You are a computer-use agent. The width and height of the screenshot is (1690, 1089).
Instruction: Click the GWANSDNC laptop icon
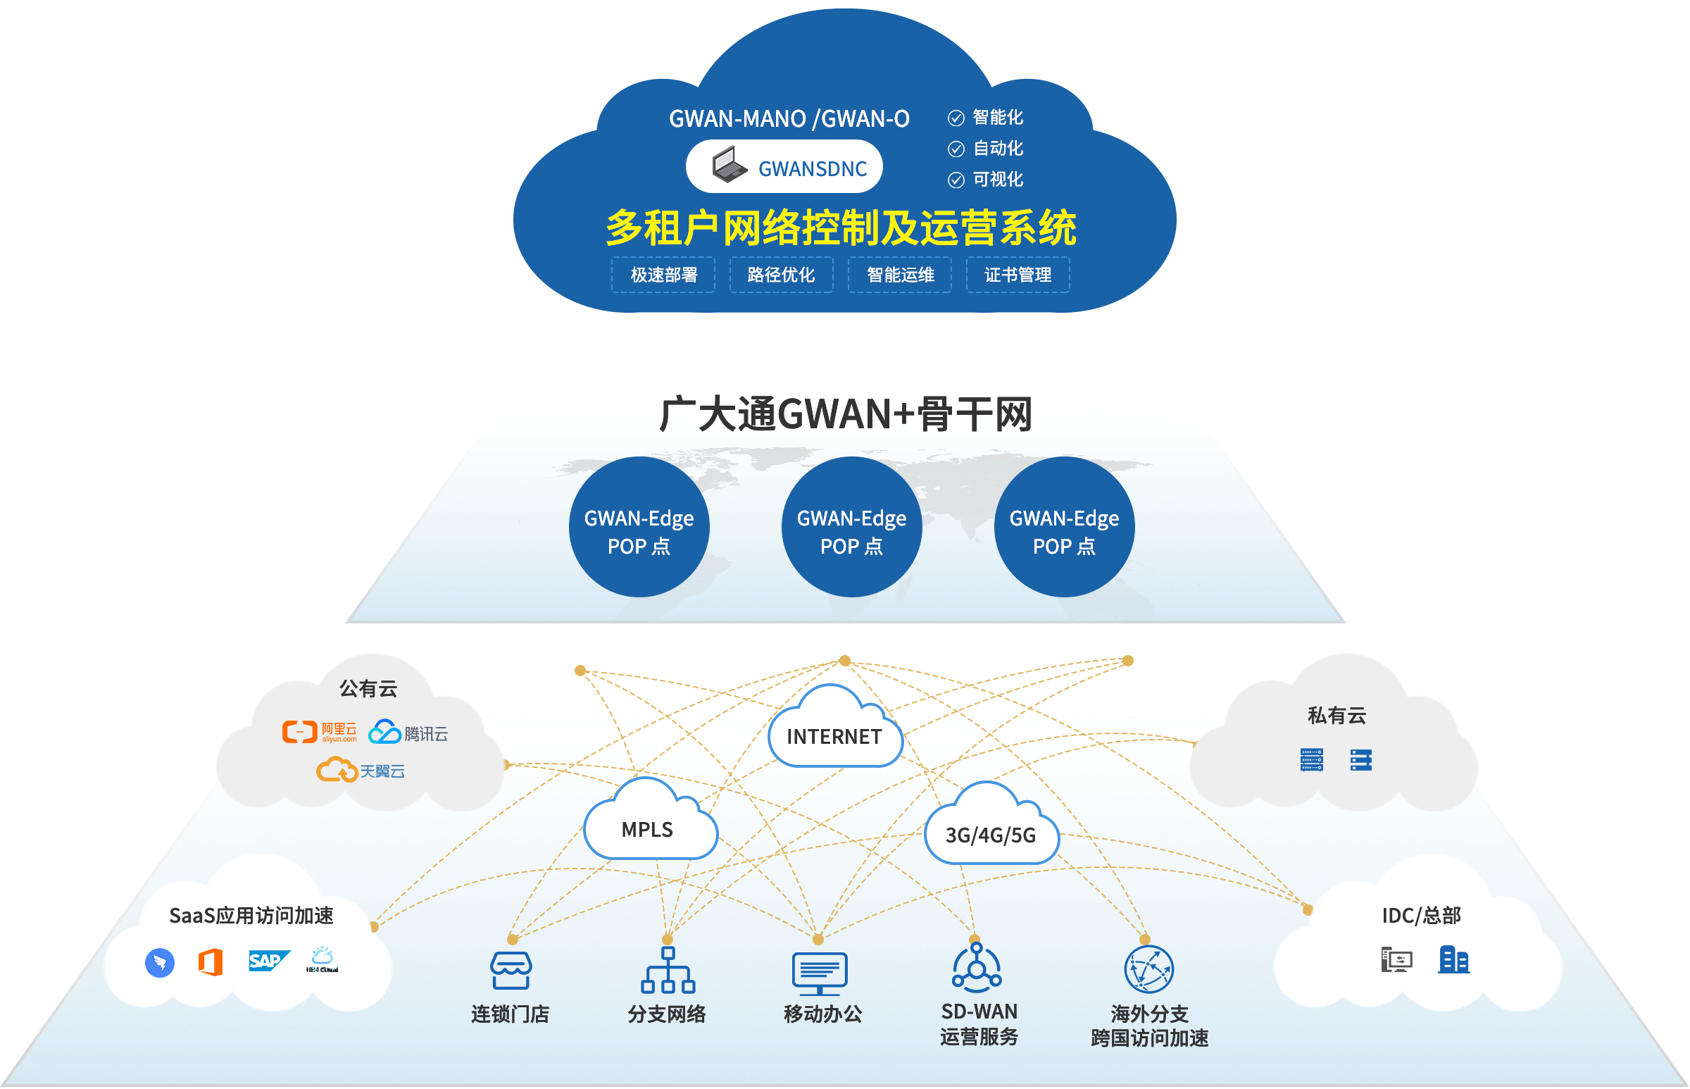click(730, 165)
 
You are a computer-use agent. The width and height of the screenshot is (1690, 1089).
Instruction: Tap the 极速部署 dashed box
click(663, 275)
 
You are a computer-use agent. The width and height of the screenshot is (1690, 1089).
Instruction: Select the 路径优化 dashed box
click(781, 275)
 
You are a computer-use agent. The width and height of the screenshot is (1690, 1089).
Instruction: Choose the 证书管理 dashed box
click(1018, 275)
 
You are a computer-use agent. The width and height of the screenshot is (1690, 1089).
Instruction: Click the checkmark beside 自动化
click(956, 149)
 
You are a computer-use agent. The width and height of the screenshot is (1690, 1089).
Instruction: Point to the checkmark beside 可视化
click(956, 180)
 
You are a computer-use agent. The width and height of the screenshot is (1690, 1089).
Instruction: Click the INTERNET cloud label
click(834, 737)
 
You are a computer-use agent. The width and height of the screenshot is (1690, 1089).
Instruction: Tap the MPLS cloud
click(647, 830)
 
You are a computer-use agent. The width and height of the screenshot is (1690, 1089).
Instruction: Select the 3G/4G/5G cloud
click(990, 835)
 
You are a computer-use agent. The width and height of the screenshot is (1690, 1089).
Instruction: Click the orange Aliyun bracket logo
click(300, 732)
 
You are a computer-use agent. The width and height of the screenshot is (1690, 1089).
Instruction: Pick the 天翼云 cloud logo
click(337, 769)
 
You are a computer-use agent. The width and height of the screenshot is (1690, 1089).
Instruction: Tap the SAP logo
click(268, 961)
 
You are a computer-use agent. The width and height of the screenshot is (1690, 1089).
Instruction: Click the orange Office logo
click(211, 962)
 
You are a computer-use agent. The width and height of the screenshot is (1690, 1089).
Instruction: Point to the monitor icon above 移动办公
click(820, 973)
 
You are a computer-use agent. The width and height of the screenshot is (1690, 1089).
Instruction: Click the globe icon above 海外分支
click(1148, 969)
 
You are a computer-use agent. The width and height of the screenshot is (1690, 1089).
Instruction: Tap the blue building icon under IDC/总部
click(1453, 959)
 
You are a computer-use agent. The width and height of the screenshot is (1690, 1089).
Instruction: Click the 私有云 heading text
click(1336, 716)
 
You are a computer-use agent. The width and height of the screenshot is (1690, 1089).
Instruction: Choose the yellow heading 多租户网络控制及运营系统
click(840, 228)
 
